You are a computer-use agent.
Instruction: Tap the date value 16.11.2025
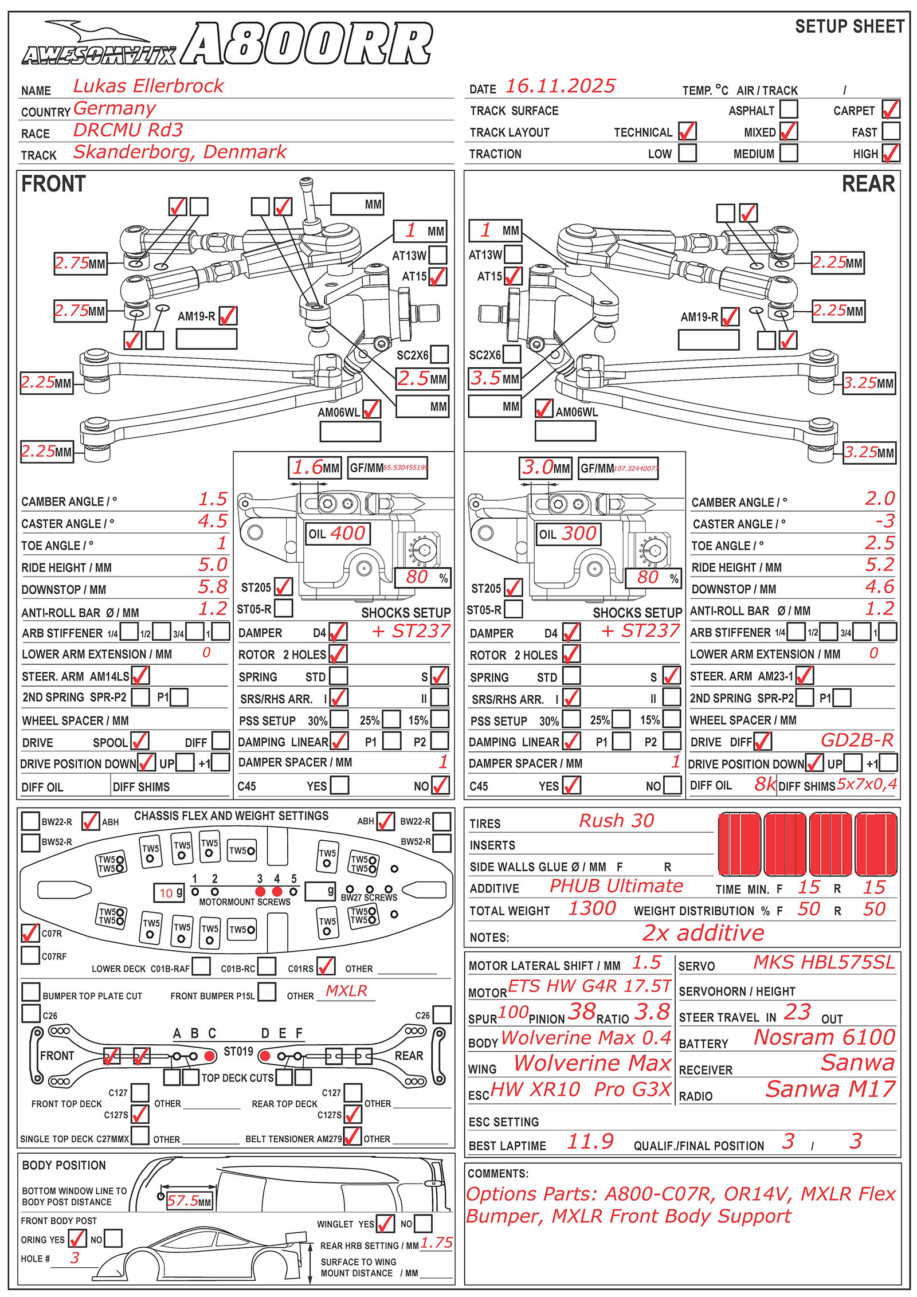click(559, 87)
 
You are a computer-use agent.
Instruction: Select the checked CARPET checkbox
click(891, 109)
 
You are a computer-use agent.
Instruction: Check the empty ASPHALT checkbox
click(789, 109)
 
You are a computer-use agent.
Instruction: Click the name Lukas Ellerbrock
click(148, 86)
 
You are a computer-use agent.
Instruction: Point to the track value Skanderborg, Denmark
click(179, 152)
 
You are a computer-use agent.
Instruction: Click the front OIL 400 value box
click(338, 534)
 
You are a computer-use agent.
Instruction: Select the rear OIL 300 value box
click(568, 534)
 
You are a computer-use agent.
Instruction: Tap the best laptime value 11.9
click(590, 1141)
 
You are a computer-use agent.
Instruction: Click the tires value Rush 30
click(616, 821)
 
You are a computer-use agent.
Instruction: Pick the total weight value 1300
click(592, 908)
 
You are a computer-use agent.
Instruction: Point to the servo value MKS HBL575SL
click(824, 962)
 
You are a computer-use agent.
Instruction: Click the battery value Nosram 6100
click(824, 1037)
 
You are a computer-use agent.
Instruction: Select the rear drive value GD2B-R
click(857, 740)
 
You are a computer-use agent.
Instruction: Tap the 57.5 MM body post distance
click(189, 1201)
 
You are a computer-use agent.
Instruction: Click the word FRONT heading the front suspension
click(53, 184)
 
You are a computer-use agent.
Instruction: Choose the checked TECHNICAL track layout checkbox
click(687, 131)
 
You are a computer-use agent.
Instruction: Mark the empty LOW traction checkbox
click(687, 153)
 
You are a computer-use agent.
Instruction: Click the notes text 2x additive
click(703, 933)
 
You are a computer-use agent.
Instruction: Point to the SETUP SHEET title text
click(849, 26)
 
